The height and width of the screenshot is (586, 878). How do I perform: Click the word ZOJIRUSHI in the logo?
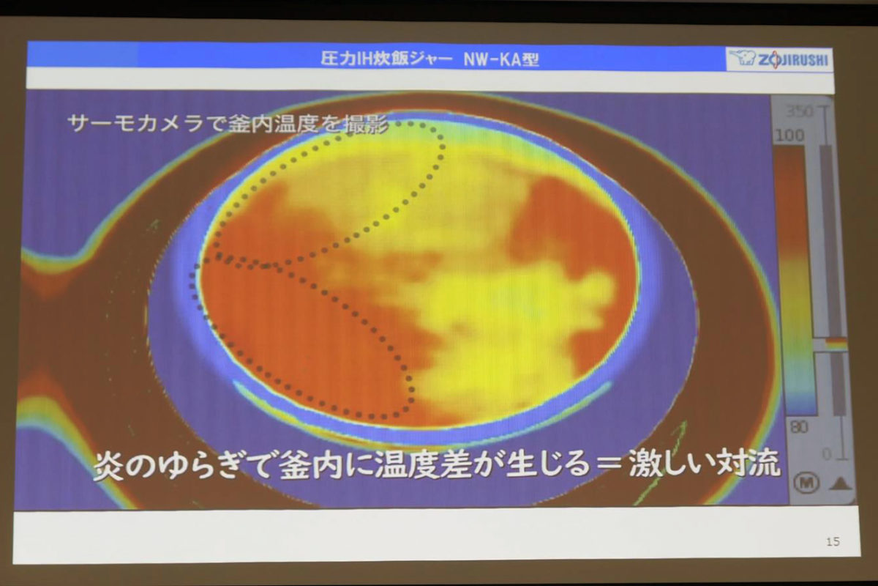point(792,60)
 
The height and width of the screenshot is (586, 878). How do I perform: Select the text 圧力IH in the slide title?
point(343,59)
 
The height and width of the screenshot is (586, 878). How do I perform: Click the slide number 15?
point(833,542)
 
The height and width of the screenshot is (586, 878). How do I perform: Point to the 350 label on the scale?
point(800,112)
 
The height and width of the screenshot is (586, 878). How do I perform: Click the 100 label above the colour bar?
point(789,136)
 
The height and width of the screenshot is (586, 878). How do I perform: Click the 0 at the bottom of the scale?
point(826,454)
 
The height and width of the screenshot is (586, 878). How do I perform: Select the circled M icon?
point(806,483)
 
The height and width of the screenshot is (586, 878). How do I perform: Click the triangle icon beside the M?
point(840,484)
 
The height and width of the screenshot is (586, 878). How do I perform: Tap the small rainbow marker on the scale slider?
point(836,341)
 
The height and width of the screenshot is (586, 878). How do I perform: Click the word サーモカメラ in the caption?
point(135,123)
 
